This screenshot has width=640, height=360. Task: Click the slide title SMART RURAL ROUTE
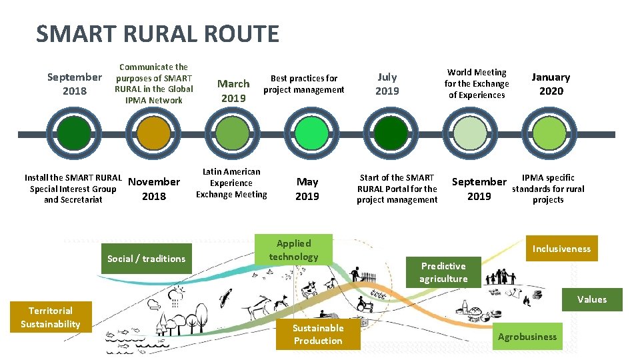(157, 33)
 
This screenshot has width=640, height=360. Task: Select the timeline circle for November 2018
(154, 133)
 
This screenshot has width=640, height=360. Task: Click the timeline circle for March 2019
(233, 133)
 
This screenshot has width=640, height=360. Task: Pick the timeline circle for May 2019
(311, 133)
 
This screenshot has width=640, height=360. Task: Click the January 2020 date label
(551, 84)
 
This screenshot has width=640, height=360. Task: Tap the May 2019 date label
(307, 189)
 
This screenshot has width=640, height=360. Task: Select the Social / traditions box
(146, 259)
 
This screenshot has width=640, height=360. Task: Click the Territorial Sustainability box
(50, 317)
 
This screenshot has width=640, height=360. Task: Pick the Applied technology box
(294, 250)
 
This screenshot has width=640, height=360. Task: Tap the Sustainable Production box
(318, 335)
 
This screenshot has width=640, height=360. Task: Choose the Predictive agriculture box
(443, 272)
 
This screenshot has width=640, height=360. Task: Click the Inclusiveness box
(561, 249)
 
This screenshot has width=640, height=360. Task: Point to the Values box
(592, 299)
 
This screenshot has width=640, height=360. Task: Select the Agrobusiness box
(527, 337)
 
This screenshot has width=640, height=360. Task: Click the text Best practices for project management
(304, 84)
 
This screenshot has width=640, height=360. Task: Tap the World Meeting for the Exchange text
(477, 83)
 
